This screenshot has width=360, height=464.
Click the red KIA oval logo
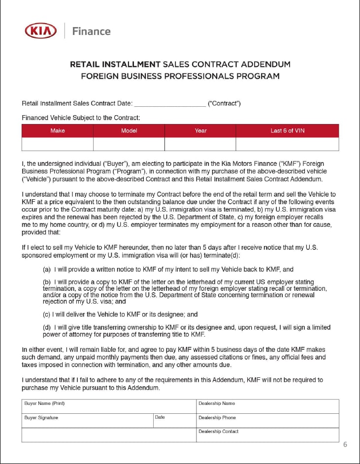pyautogui.click(x=41, y=31)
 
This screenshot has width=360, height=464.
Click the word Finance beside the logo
pyautogui.click(x=91, y=31)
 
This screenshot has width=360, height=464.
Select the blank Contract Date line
pyautogui.click(x=169, y=104)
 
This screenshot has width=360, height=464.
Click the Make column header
pyautogui.click(x=57, y=130)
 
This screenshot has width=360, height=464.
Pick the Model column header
pyautogui.click(x=129, y=130)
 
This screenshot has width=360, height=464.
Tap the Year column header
pyautogui.click(x=200, y=130)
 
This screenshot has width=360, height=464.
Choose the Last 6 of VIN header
pyautogui.click(x=287, y=130)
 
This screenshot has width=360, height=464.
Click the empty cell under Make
pyautogui.click(x=57, y=144)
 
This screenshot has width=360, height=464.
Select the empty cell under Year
pyautogui.click(x=200, y=144)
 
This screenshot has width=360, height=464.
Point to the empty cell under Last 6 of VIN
pyautogui.click(x=287, y=144)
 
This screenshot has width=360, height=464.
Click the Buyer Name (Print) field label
pyautogui.click(x=44, y=403)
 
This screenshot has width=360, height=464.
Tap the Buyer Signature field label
pyautogui.click(x=41, y=418)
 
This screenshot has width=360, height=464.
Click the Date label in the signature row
pyautogui.click(x=160, y=417)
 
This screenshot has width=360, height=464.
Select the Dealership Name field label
pyautogui.click(x=216, y=403)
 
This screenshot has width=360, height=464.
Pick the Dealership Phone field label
pyautogui.click(x=217, y=418)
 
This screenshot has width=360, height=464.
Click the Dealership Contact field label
pyautogui.click(x=218, y=432)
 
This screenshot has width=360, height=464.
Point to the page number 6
pyautogui.click(x=345, y=444)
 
